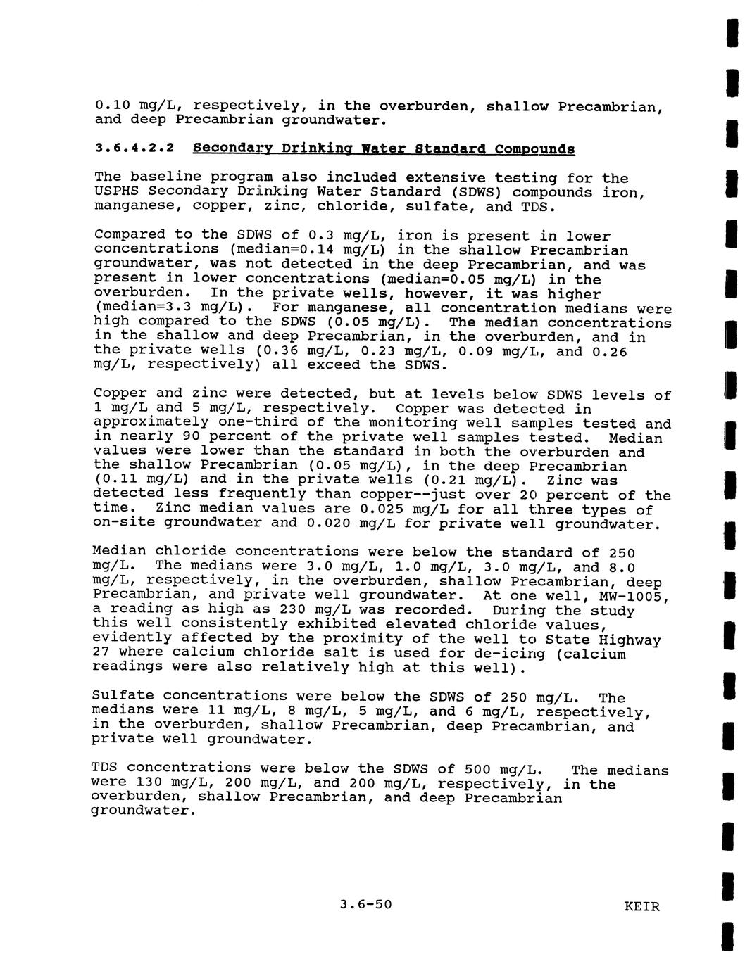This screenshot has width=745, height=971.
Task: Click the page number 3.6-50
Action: click(365, 904)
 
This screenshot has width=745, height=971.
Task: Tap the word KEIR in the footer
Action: click(642, 906)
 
